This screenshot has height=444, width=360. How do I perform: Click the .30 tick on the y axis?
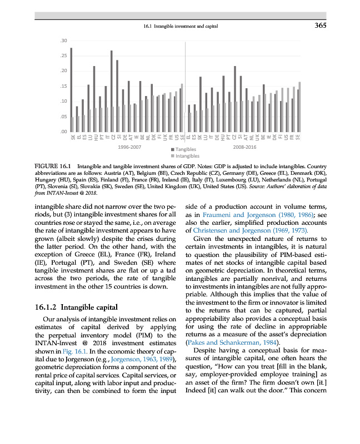click(64, 41)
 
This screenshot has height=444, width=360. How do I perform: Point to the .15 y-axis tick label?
click(64, 87)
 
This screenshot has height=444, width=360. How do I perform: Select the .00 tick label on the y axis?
click(64, 132)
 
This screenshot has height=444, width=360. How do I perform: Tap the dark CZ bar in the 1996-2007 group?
click(112, 91)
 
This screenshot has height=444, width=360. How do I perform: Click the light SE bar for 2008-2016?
click(299, 107)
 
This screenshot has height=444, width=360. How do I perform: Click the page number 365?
click(319, 25)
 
